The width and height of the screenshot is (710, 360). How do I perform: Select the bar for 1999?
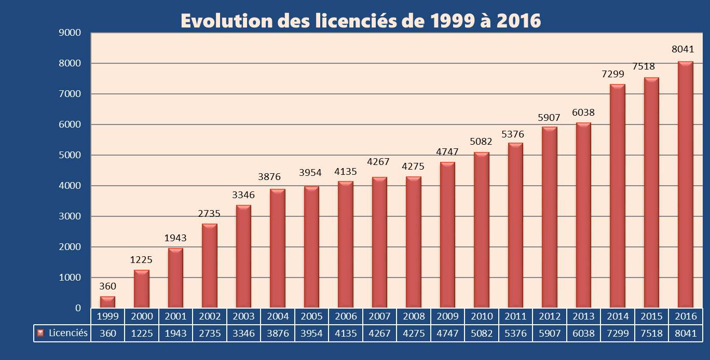pyautogui.click(x=107, y=302)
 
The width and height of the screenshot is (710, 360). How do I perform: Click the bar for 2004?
pyautogui.click(x=278, y=249)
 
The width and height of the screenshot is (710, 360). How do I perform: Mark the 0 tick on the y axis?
pyautogui.click(x=78, y=308)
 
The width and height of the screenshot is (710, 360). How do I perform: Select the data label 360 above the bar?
pyautogui.click(x=107, y=286)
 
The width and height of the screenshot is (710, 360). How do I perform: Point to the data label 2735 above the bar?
pyautogui.click(x=209, y=214)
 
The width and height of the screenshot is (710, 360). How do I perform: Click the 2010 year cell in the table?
pyautogui.click(x=481, y=316)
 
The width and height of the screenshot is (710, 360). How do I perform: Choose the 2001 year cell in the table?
pyautogui.click(x=175, y=316)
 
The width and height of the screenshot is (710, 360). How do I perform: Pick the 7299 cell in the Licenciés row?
pyautogui.click(x=618, y=333)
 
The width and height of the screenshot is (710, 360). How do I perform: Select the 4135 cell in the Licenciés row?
pyautogui.click(x=345, y=333)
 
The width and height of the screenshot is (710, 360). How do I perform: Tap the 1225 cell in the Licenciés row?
pyautogui.click(x=141, y=333)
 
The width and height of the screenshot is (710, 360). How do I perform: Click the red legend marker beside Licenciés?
pyautogui.click(x=40, y=333)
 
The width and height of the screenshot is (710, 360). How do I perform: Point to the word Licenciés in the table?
pyautogui.click(x=68, y=333)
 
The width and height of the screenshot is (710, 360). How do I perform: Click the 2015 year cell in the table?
pyautogui.click(x=651, y=316)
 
